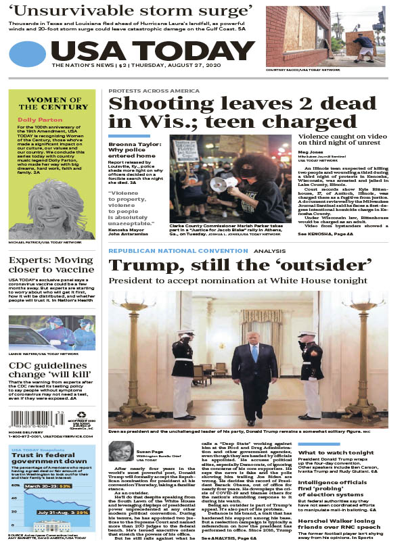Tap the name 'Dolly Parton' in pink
[35, 120]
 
